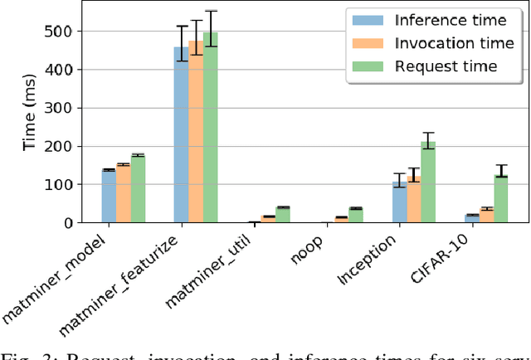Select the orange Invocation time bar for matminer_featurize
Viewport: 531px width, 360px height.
point(196,132)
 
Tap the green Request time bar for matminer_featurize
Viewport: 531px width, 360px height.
point(210,128)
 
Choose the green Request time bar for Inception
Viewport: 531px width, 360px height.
point(428,182)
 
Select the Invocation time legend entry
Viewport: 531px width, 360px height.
point(433,43)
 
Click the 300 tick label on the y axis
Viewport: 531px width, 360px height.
point(72,108)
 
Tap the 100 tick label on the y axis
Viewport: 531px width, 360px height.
point(72,185)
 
